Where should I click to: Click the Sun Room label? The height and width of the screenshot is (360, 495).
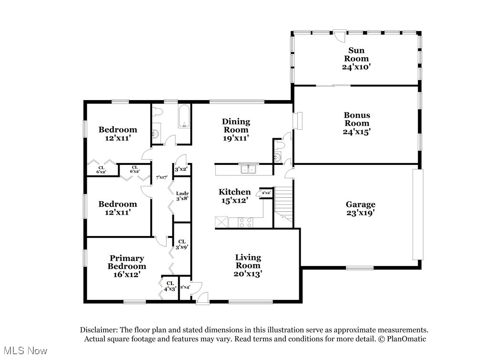[356, 59]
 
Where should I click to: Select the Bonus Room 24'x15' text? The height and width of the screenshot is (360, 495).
[357, 123]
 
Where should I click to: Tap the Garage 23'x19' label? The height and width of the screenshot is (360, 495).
[360, 208]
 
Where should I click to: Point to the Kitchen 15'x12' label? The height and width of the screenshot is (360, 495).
[234, 196]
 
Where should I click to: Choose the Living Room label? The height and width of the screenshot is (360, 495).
[248, 266]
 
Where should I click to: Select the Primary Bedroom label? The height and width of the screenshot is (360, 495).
[126, 266]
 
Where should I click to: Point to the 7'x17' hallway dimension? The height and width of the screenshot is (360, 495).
[162, 177]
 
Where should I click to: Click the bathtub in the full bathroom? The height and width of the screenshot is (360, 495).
[184, 117]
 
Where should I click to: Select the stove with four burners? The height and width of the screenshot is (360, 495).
[245, 222]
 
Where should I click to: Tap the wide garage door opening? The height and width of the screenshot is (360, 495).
[417, 215]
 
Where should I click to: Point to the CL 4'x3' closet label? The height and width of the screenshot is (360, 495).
[170, 286]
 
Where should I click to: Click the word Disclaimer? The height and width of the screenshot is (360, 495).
[98, 330]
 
